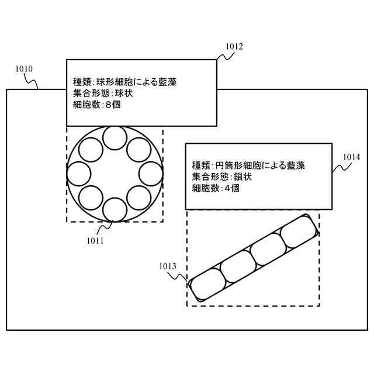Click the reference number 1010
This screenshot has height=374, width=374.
click(24, 69)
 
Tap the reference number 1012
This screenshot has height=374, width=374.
click(233, 47)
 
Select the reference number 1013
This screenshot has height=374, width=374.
click(167, 266)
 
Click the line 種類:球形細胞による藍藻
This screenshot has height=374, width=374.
click(124, 82)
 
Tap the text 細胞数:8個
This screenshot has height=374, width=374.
click(96, 105)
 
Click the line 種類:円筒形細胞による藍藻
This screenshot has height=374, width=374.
click(248, 166)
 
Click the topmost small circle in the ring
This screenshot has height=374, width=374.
click(115, 138)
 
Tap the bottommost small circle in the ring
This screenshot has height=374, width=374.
click(115, 209)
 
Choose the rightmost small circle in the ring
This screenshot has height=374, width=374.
click(150, 174)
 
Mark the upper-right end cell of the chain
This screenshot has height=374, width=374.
click(299, 231)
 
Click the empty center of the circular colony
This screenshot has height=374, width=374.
click(115, 174)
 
